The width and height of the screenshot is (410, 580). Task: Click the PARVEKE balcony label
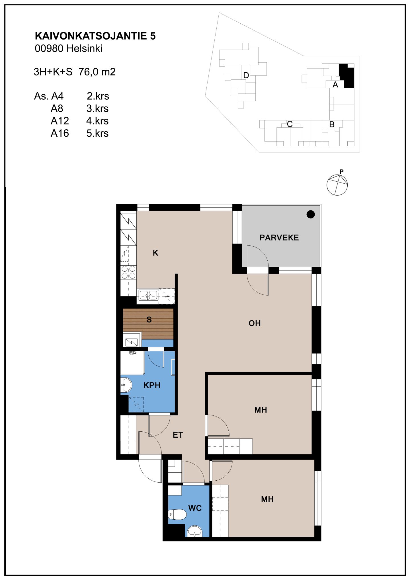279,237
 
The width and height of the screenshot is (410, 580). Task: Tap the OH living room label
255,323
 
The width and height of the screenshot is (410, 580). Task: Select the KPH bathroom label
152,385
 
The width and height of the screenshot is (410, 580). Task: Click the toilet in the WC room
177,515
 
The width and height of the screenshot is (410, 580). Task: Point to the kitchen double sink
148,295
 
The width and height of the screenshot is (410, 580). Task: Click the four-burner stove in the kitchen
128,272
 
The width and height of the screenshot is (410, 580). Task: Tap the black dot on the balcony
311,214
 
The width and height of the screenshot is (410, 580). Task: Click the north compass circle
337,185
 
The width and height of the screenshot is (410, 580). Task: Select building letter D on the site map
246,75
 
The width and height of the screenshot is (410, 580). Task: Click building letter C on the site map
290,124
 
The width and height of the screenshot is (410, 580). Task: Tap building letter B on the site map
332,124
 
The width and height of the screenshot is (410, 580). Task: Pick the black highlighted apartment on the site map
347,76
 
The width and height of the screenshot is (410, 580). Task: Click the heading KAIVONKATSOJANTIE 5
95,36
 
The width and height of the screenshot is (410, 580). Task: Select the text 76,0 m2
97,72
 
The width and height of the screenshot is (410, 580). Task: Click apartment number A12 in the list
60,121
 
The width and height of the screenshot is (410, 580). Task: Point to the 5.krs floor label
97,133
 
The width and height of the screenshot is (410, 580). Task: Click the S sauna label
149,320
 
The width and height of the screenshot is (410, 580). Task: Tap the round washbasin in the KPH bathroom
126,385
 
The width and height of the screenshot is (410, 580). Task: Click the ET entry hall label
178,435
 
